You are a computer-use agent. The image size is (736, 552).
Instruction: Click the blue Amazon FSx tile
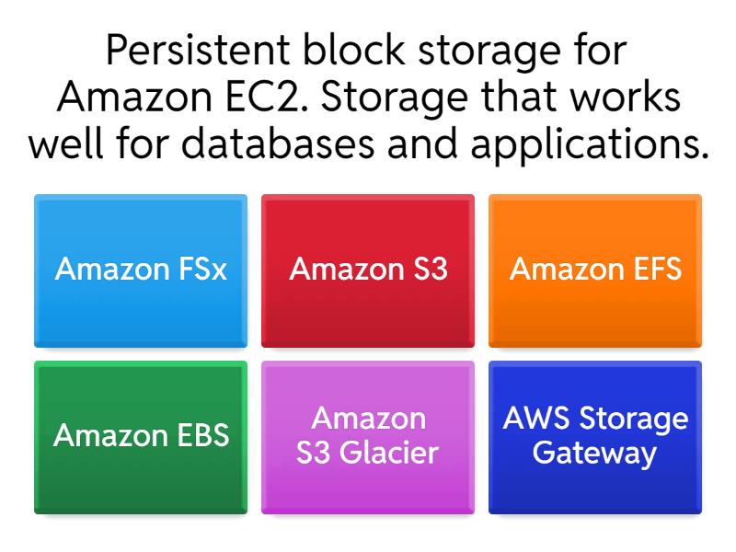[141, 270]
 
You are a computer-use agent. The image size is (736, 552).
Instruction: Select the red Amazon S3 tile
[368, 270]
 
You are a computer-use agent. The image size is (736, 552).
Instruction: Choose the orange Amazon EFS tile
[595, 270]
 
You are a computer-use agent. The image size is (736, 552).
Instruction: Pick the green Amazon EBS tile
[141, 438]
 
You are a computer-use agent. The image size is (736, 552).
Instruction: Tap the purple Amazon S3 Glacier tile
[368, 438]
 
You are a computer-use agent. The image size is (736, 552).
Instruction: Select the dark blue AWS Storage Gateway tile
[595, 438]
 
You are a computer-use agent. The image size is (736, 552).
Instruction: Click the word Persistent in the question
[198, 50]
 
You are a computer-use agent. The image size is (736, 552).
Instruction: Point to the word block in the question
[354, 50]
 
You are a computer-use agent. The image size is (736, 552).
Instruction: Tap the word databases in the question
[278, 143]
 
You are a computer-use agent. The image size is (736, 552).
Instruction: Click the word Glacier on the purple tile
[389, 453]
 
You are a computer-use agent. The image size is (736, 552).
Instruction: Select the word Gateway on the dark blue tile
[594, 454]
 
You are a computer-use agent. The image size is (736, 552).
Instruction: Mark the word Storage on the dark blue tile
[634, 420]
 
